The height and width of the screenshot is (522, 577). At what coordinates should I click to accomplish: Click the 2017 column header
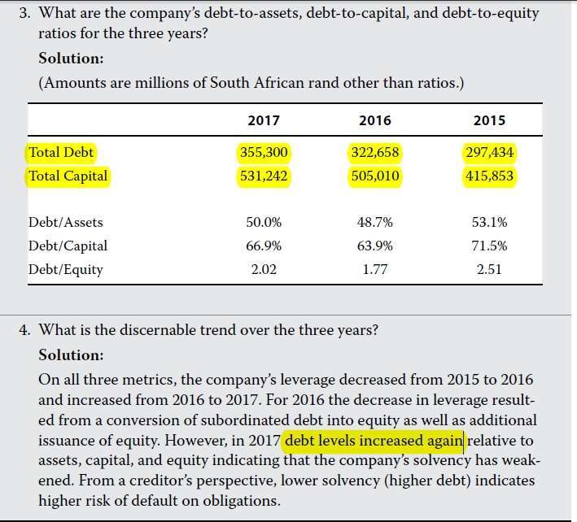(263, 120)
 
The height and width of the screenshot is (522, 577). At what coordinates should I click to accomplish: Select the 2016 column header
(374, 120)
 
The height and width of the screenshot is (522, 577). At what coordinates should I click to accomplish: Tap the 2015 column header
(489, 120)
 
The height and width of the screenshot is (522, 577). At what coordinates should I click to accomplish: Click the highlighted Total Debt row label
(61, 152)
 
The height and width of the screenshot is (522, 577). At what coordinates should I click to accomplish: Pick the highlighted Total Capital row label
(68, 176)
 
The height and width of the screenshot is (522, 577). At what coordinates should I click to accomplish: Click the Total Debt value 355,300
(264, 152)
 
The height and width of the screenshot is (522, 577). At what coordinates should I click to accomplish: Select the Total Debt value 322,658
(375, 152)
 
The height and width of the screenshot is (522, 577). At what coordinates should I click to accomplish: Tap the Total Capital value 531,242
(264, 176)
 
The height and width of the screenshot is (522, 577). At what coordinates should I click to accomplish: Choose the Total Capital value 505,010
(375, 176)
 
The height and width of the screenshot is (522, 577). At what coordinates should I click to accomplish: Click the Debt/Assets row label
(66, 222)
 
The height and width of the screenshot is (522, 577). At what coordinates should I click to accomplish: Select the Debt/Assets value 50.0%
(263, 222)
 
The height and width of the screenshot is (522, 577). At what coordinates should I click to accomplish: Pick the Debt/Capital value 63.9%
(375, 246)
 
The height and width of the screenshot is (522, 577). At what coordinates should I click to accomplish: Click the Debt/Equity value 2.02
(263, 269)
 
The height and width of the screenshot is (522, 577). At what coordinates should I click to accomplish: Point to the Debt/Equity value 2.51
(489, 269)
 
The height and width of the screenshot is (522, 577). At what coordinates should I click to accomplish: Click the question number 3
(24, 15)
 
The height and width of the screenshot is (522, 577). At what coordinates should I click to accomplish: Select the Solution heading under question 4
(72, 355)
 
